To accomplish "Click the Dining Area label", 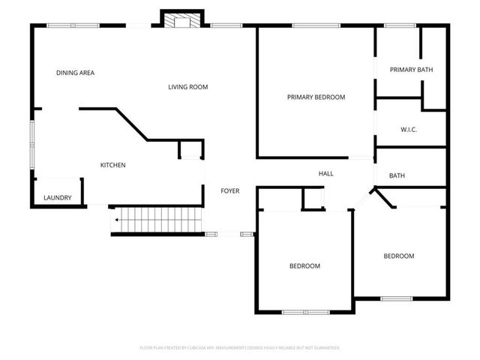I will pyautogui.click(x=75, y=73).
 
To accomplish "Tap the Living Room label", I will pyautogui.click(x=187, y=87).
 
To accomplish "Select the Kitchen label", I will pyautogui.click(x=113, y=165).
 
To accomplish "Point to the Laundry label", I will pyautogui.click(x=57, y=198).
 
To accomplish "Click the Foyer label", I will pyautogui.click(x=229, y=191).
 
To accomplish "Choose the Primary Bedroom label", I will pyautogui.click(x=316, y=97).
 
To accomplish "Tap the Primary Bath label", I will pyautogui.click(x=411, y=70).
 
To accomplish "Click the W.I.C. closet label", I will pyautogui.click(x=409, y=130).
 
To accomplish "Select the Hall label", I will pyautogui.click(x=325, y=173).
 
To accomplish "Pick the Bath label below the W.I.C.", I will pyautogui.click(x=397, y=175).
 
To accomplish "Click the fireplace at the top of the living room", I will pyautogui.click(x=181, y=20).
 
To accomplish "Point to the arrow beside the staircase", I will pyautogui.click(x=115, y=220).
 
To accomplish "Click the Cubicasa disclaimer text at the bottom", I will pyautogui.click(x=240, y=347).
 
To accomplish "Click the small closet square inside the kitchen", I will pyautogui.click(x=190, y=149).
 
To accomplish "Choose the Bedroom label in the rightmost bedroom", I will pyautogui.click(x=398, y=256).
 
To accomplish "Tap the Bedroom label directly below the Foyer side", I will pyautogui.click(x=304, y=265).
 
